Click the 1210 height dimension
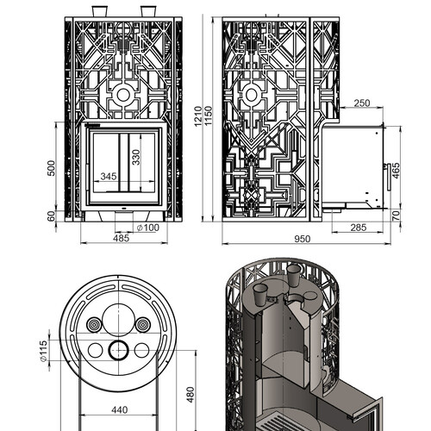coord(198,116)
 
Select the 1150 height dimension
coord(209,116)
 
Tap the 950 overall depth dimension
coord(303,239)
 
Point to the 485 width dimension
coord(121,238)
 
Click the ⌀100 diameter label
coord(148,228)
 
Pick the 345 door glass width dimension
coord(109,177)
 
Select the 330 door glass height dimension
coord(136,157)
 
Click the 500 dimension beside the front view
coord(51,168)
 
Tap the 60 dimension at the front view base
coord(51,216)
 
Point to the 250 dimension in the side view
coord(362,103)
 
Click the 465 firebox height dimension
coord(396,171)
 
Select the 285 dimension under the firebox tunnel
coord(359,228)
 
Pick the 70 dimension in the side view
coord(396,215)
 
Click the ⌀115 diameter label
coord(43,351)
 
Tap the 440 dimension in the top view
coord(119,409)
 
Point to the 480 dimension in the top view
coord(191,395)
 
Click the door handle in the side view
coord(388,177)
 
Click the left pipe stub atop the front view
coord(100,11)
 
